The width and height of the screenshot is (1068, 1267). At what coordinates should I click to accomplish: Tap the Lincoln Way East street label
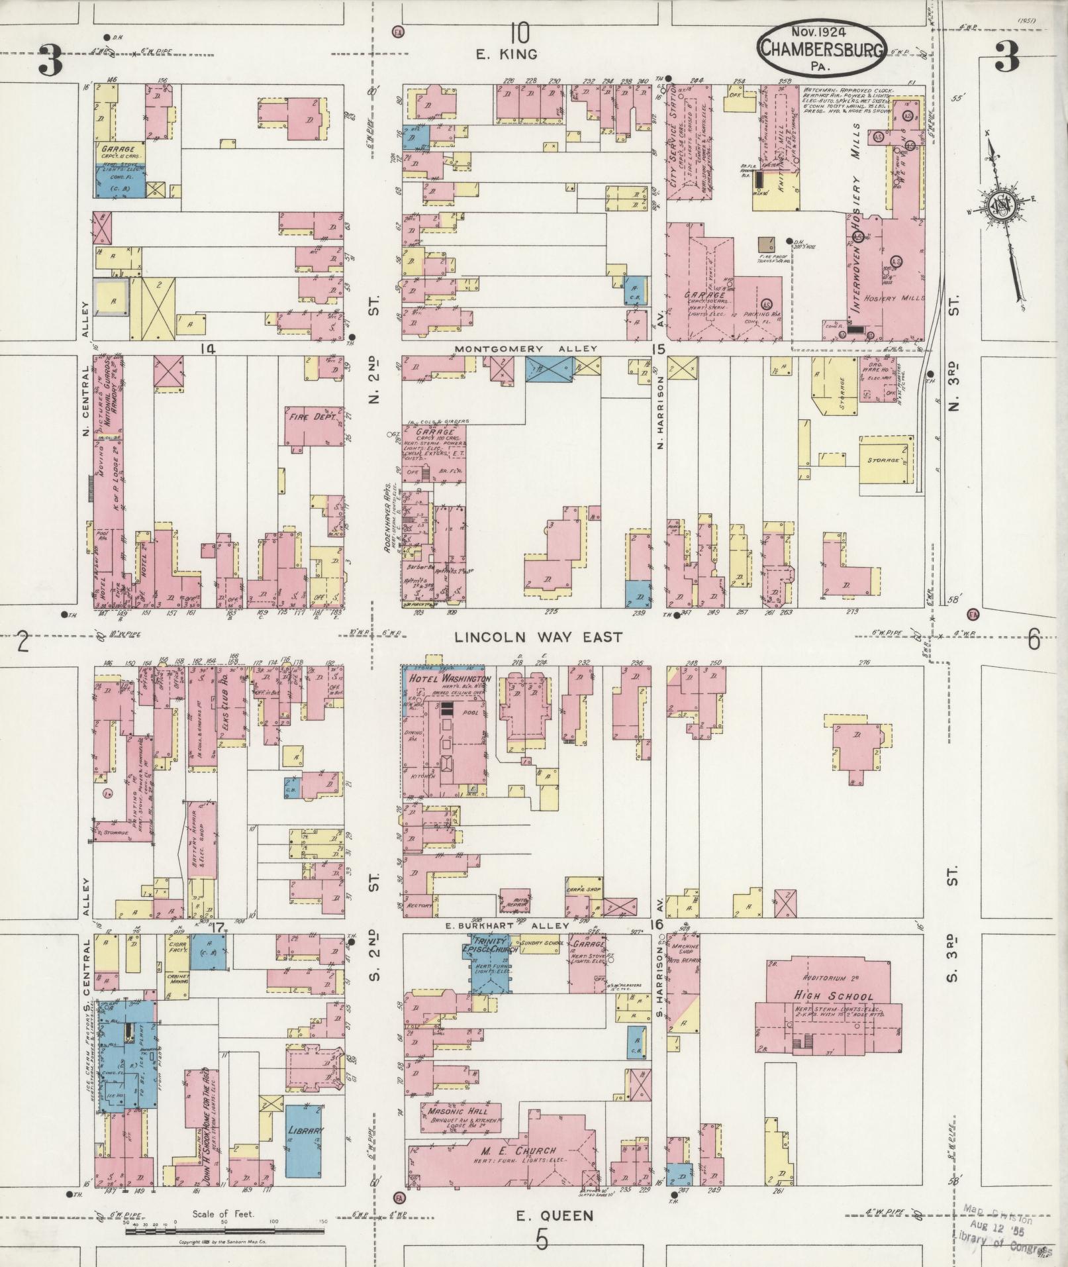[538, 637]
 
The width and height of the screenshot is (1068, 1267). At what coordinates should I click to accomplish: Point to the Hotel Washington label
[450, 680]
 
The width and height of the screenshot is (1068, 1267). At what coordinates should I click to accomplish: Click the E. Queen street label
[554, 1216]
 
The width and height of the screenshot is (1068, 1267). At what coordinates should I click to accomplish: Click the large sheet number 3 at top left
[51, 60]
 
